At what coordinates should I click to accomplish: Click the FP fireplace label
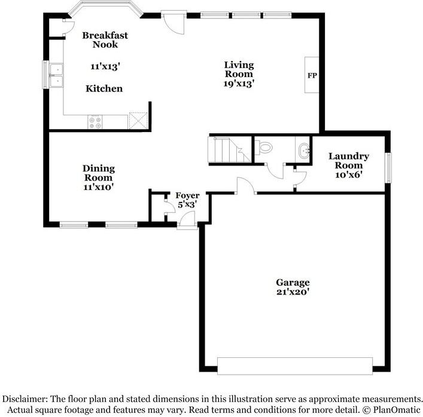(312, 75)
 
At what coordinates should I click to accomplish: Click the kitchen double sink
(56, 75)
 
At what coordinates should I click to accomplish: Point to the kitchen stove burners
(95, 121)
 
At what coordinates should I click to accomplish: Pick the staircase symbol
(229, 151)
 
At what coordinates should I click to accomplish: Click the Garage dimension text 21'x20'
(293, 293)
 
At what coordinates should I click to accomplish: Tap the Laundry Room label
(349, 161)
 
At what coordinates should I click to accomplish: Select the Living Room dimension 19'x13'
(239, 84)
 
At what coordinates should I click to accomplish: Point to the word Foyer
(187, 195)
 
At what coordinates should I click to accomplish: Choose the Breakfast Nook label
(105, 40)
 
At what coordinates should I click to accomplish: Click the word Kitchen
(104, 88)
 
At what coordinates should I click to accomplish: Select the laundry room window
(388, 168)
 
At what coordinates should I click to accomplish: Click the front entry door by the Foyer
(186, 222)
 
